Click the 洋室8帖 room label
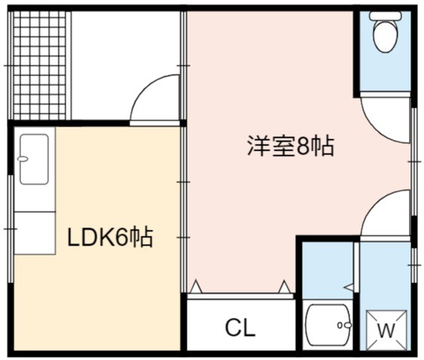point(291,147)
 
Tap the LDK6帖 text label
point(110,237)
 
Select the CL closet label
point(240,328)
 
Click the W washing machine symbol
point(386,330)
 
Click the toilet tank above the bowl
point(386,16)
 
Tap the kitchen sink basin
point(35,160)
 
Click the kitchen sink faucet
point(23,159)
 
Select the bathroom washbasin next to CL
point(328,325)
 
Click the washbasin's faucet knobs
point(344,325)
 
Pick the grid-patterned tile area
point(39,66)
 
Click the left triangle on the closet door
point(196,287)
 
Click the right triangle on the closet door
point(284,287)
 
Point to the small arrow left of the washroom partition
point(349,287)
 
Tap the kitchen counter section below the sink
point(35,233)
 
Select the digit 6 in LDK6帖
point(121,237)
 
